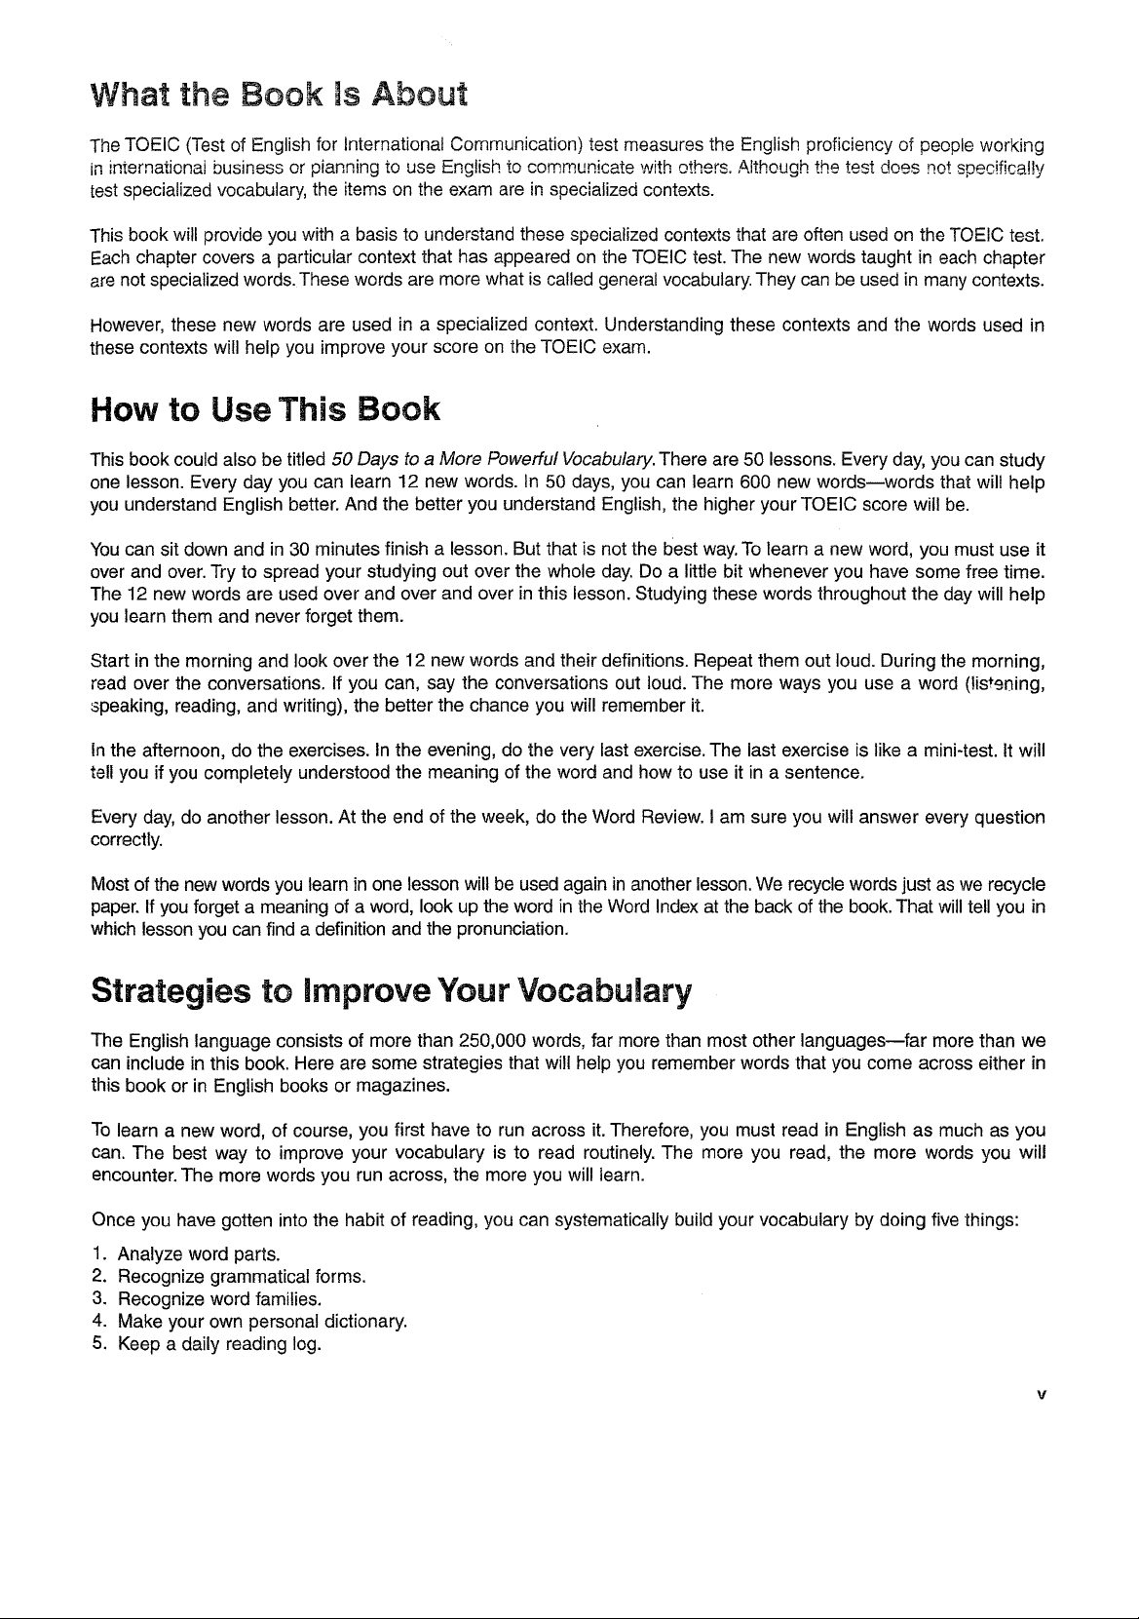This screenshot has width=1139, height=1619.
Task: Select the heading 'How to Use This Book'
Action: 265,410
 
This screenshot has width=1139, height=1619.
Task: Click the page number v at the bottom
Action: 1041,1395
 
